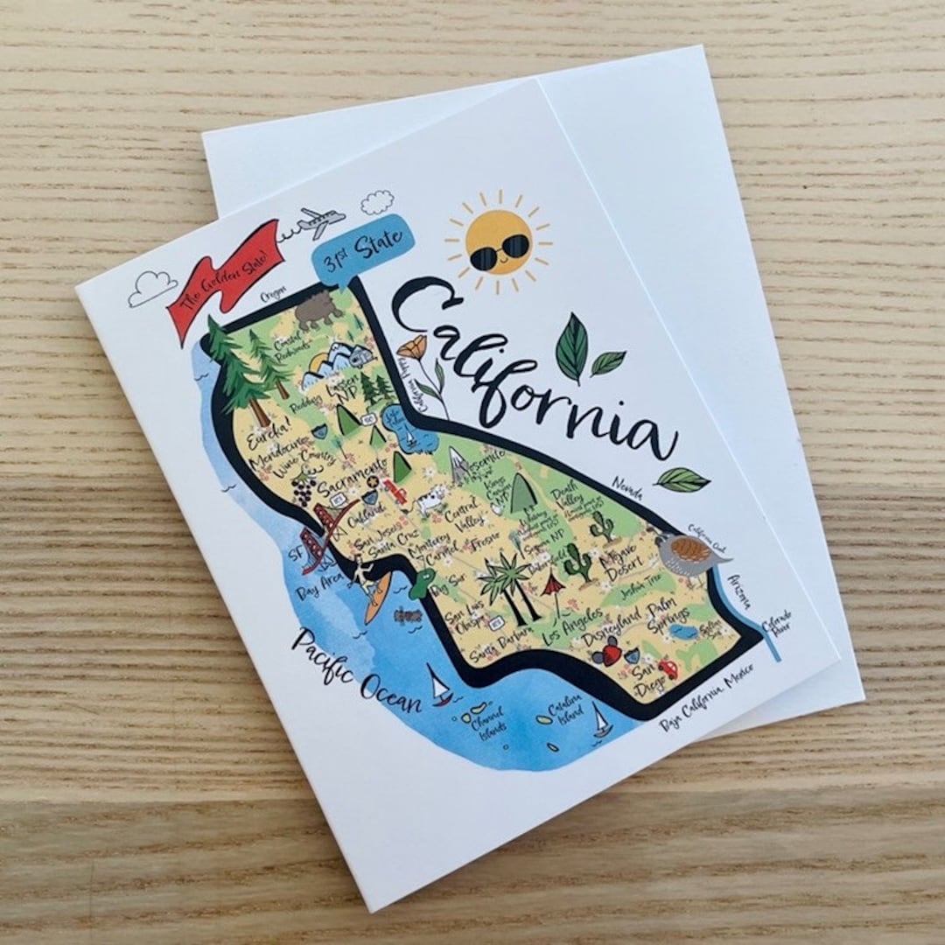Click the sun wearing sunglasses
click(499, 241)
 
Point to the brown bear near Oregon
click(318, 308)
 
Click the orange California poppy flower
click(410, 349)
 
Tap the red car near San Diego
click(668, 668)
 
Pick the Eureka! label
click(268, 437)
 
